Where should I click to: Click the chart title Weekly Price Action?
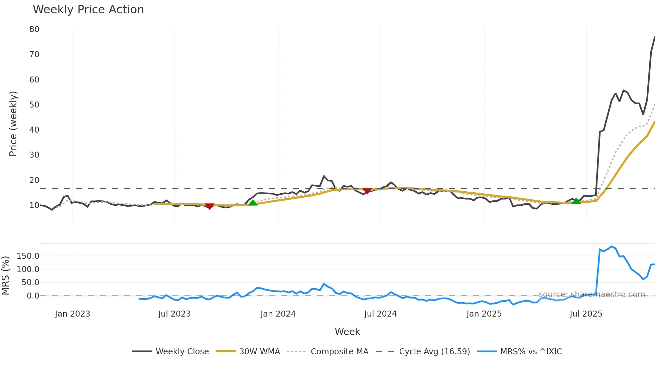pos(88,10)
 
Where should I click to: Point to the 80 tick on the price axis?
pos(34,29)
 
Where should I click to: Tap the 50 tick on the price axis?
pos(34,105)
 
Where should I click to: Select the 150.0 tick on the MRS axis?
pos(28,256)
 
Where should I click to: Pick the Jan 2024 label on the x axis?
pos(278,314)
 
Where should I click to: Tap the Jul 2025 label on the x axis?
pos(585,314)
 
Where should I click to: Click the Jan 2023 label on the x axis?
pos(72,314)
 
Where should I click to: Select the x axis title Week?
pos(347,332)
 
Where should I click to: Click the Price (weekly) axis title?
pos(13,124)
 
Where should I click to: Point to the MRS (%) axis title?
pos(5,275)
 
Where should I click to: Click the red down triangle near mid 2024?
pos(367,191)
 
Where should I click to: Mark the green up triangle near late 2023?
pos(253,202)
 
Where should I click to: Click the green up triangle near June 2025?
pos(576,201)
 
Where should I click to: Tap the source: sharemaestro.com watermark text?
pos(592,295)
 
